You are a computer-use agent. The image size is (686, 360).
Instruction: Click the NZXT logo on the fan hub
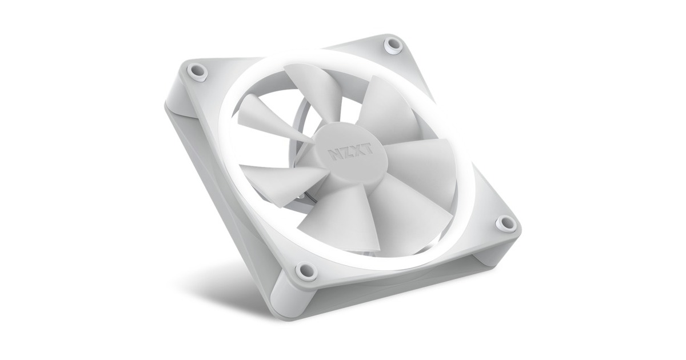point(350,151)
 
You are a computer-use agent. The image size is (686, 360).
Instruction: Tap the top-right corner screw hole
point(392,45)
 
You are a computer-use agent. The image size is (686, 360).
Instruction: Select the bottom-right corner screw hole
point(505,223)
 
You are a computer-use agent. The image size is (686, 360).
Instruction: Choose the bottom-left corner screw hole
point(305,270)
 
